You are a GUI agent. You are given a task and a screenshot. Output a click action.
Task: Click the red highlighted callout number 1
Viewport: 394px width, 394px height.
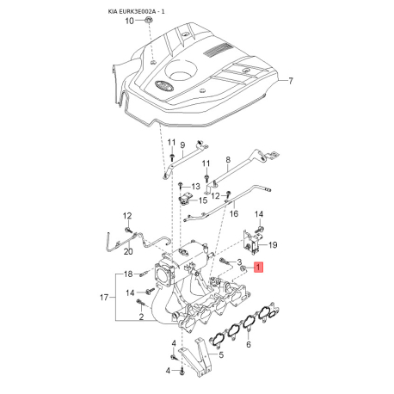click(x=258, y=268)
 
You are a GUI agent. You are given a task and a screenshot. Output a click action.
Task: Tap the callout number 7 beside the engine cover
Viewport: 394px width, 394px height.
click(x=291, y=81)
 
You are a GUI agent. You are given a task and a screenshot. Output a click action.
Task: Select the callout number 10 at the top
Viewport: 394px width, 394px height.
click(x=130, y=21)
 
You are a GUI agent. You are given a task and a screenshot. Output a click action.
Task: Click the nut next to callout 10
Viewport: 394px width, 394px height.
click(x=148, y=20)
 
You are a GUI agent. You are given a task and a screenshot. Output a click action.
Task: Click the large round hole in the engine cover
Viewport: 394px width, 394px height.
click(x=182, y=71)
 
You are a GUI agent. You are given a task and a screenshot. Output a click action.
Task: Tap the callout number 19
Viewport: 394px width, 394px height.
click(x=273, y=245)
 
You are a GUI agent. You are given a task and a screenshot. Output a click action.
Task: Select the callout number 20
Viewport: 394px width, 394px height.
click(x=128, y=251)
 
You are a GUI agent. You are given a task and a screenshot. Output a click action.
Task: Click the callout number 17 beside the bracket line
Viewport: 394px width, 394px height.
click(x=104, y=298)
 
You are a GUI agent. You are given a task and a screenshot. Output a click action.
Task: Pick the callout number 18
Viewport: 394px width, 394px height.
click(x=128, y=274)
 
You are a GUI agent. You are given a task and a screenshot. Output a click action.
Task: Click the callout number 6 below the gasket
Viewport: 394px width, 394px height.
click(x=249, y=344)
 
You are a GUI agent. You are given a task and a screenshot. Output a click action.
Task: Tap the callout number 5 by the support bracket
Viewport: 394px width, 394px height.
click(x=221, y=355)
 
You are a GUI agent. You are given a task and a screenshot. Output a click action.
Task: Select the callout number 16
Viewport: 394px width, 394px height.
click(x=234, y=213)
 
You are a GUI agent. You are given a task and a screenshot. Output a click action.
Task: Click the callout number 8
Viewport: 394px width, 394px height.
click(x=228, y=160)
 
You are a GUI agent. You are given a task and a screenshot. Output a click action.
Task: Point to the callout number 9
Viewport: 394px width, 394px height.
click(x=182, y=145)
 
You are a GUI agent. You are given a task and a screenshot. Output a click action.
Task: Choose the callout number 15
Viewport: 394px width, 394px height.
click(x=203, y=200)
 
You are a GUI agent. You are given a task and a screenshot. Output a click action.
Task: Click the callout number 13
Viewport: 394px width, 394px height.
click(x=195, y=187)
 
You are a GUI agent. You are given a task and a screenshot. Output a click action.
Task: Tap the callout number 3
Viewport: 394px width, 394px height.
click(x=239, y=262)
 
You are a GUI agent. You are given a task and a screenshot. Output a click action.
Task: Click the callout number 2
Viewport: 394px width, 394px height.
click(x=141, y=317)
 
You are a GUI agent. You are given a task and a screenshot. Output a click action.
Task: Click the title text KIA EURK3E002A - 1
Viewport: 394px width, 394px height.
click(x=136, y=11)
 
